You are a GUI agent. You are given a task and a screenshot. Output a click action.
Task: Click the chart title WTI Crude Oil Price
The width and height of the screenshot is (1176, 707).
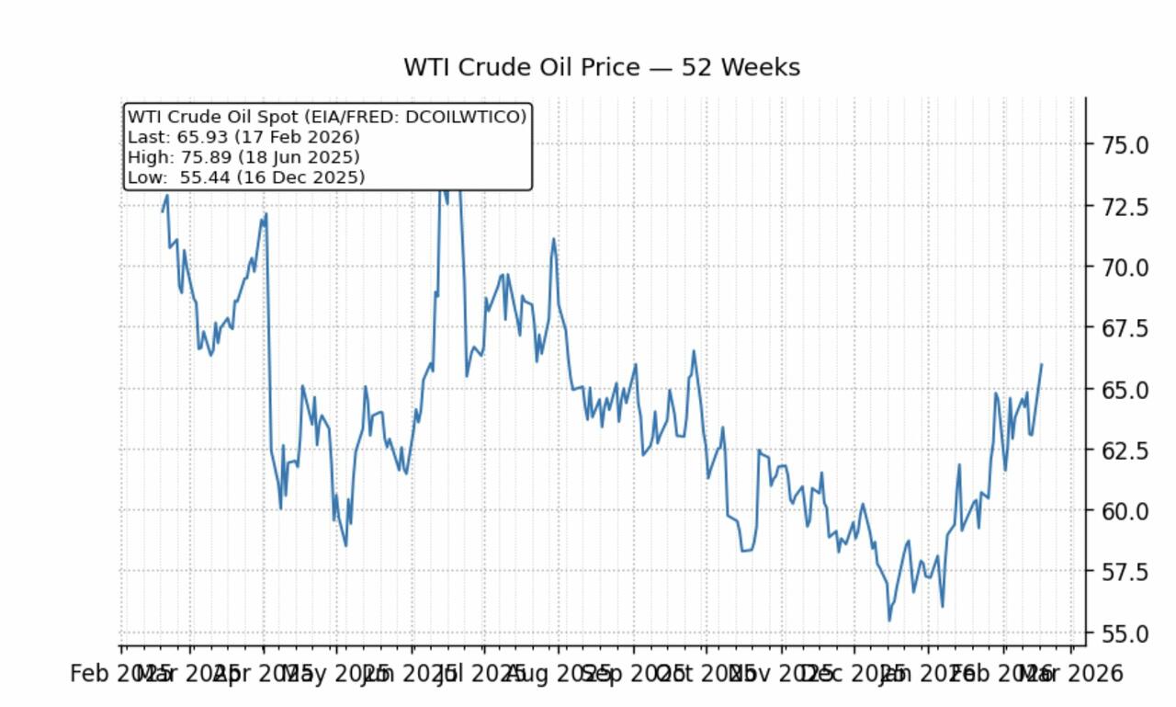point(601,68)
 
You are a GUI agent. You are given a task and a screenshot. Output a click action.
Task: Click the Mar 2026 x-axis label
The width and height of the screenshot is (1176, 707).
point(1071,674)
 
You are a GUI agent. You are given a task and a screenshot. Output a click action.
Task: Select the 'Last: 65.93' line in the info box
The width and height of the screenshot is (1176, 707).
point(243,137)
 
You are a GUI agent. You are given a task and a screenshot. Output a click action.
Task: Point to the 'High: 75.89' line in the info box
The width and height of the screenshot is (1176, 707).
point(243,157)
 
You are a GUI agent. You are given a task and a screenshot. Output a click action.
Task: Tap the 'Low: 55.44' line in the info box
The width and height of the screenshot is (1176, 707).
point(245,177)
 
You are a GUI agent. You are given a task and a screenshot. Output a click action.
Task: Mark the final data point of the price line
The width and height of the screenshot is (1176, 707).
point(1041,364)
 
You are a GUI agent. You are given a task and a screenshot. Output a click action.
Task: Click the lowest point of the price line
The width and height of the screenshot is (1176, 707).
point(888,621)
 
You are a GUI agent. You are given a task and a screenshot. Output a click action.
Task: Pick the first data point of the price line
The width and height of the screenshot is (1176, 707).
point(164,211)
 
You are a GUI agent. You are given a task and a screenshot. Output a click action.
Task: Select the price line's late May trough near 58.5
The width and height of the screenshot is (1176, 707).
point(345,545)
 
